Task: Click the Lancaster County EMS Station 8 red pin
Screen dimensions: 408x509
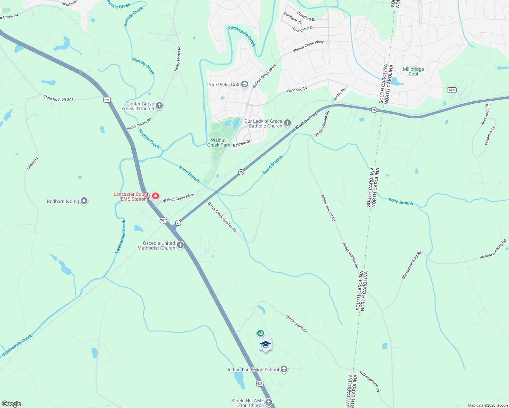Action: (155, 196)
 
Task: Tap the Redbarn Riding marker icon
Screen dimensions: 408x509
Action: (84, 201)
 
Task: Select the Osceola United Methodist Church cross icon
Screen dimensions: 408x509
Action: (180, 245)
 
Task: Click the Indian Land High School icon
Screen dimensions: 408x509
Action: (284, 369)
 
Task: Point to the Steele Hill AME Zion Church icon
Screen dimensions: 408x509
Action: (269, 403)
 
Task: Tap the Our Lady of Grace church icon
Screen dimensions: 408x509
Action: (288, 123)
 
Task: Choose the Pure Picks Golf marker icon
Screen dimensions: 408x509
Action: (244, 85)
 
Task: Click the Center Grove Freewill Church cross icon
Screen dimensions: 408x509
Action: (159, 106)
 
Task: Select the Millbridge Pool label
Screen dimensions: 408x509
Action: (413, 71)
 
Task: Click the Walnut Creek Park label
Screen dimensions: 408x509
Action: (218, 142)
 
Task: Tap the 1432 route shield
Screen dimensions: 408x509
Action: (451, 90)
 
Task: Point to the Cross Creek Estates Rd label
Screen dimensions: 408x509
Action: (222, 217)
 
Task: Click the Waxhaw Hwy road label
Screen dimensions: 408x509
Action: (306, 121)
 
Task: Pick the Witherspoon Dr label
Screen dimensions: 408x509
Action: (296, 324)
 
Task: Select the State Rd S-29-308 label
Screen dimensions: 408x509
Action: (59, 98)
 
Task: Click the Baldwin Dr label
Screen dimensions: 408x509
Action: (242, 144)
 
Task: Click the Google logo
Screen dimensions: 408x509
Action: (11, 404)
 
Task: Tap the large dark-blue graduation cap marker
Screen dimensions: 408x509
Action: (265, 345)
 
